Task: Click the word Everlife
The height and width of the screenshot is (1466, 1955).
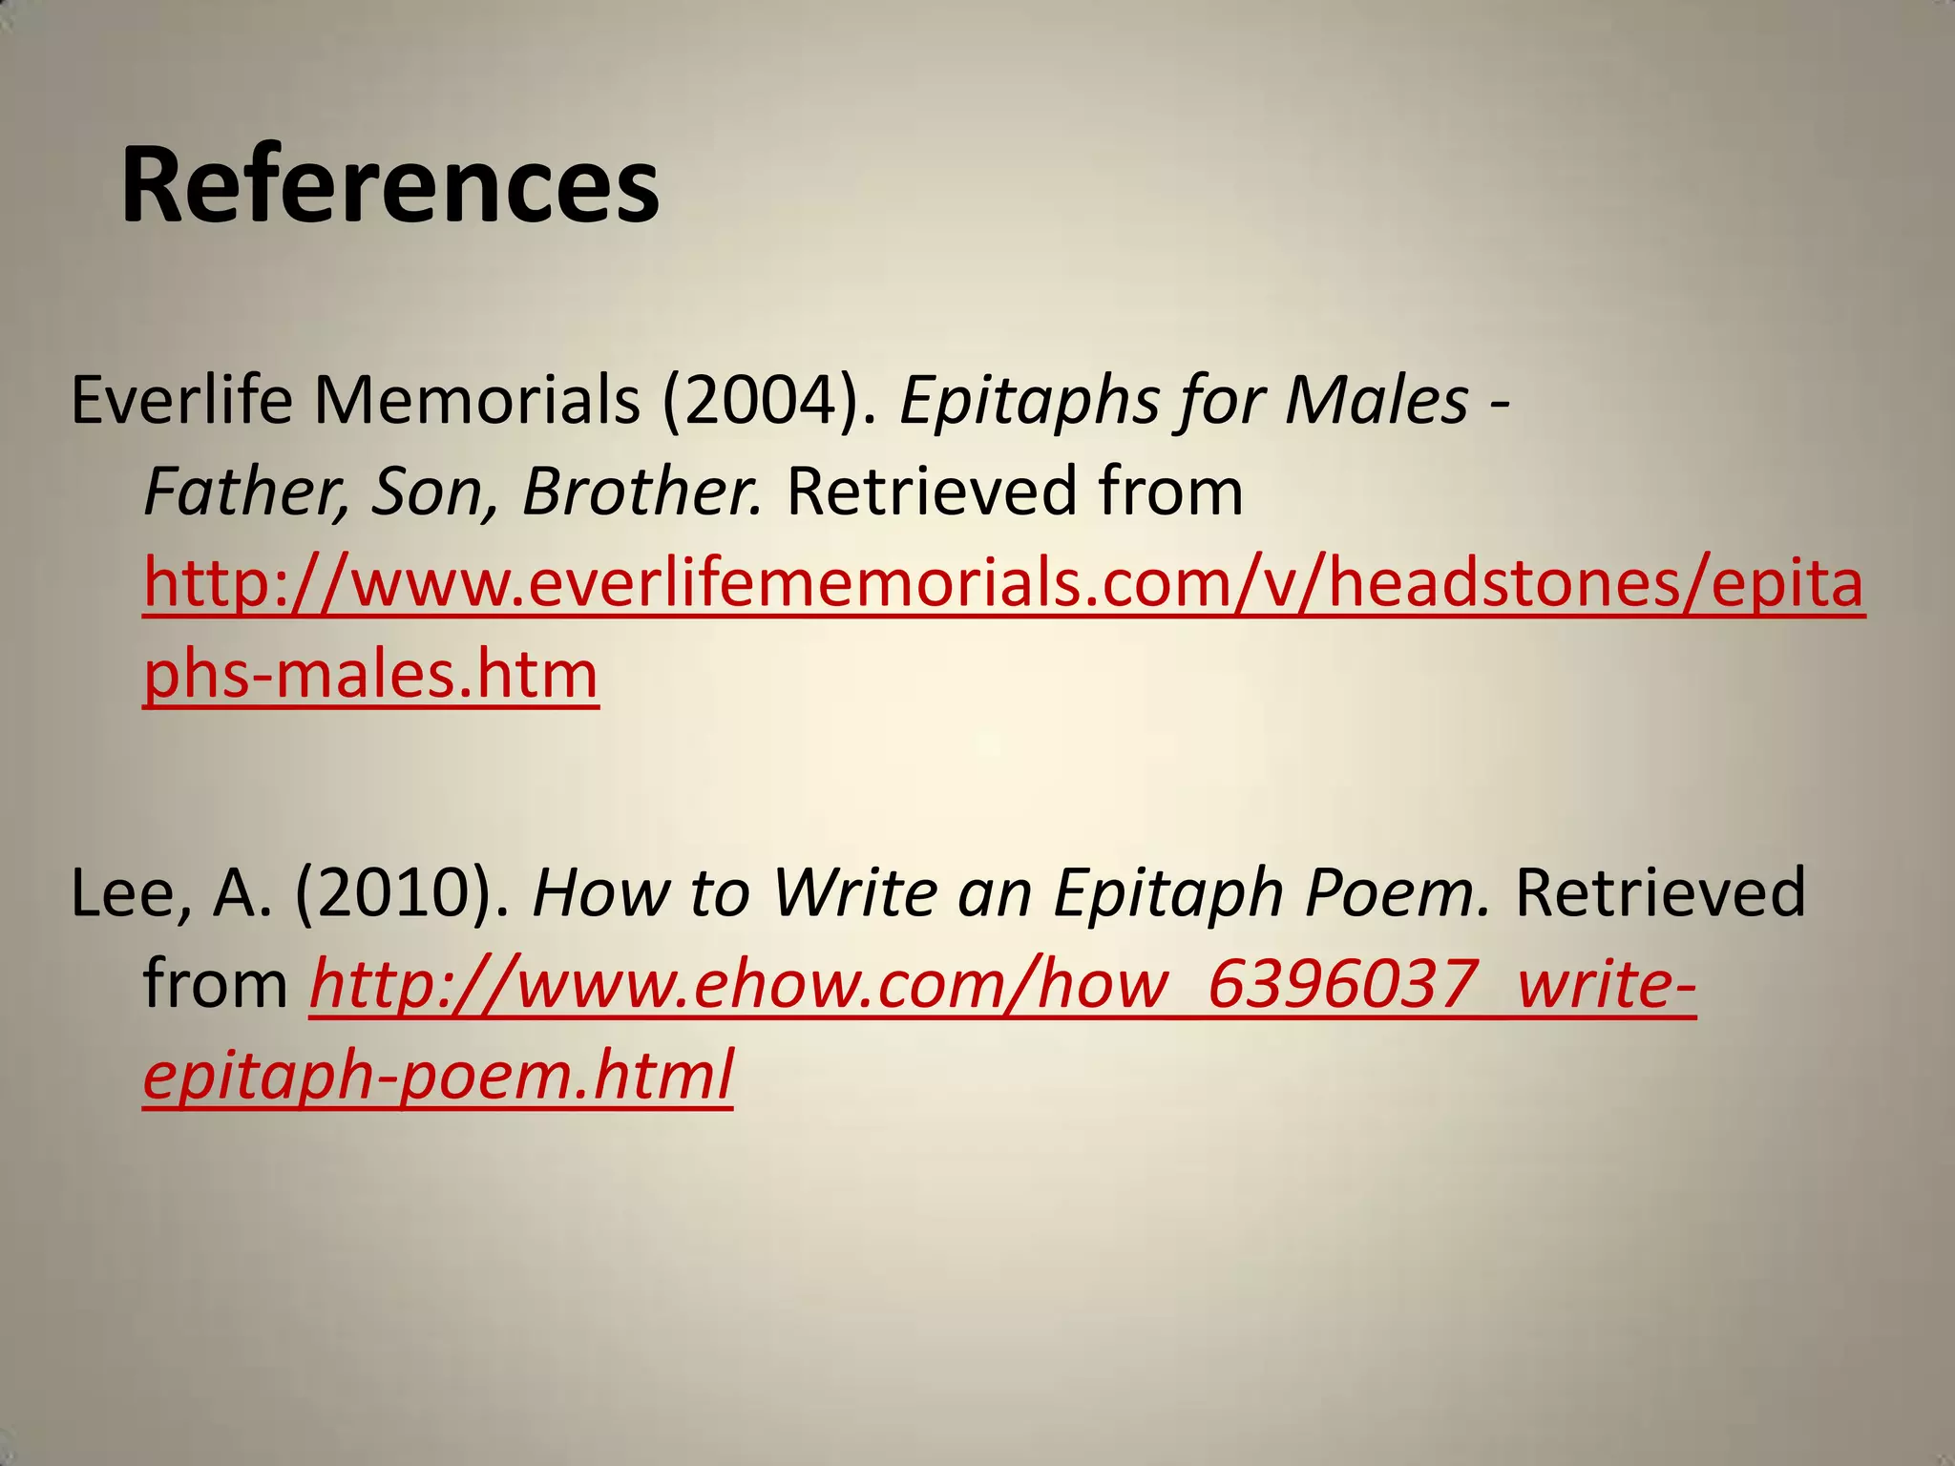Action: pos(181,400)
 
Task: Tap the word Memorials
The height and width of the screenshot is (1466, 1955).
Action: pos(477,400)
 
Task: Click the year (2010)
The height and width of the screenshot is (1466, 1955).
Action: pos(402,893)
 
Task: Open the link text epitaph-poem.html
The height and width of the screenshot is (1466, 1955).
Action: pos(438,1075)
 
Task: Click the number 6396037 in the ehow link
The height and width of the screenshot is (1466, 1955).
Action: pos(1342,984)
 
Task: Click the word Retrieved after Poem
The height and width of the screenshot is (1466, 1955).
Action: pos(1660,893)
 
